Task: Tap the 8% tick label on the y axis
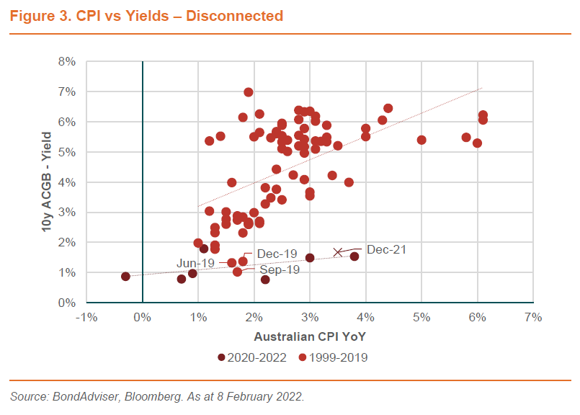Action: coord(67,62)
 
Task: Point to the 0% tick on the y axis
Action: coord(67,303)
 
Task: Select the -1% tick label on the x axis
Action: coord(86,318)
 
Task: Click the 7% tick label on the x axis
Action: coord(533,318)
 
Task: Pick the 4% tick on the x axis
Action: coord(365,318)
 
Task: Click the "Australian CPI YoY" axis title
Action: coord(310,336)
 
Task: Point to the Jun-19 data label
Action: coord(195,263)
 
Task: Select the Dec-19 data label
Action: coord(277,254)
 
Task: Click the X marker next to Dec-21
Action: coord(337,252)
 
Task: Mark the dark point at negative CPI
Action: coord(125,277)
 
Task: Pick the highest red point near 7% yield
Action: coord(249,92)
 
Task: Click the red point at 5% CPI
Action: coord(421,140)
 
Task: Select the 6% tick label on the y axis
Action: coord(67,122)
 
